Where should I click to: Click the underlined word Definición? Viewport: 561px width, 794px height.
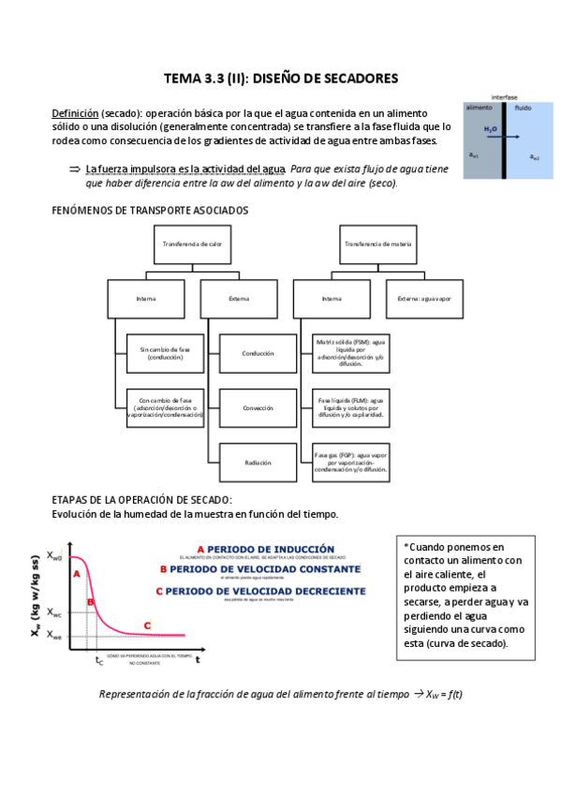74,112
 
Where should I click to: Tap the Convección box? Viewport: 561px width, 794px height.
258,407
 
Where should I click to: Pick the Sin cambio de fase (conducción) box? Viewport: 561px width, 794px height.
165,353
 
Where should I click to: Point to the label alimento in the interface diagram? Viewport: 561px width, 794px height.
480,109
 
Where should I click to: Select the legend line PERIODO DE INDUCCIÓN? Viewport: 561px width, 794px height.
265,549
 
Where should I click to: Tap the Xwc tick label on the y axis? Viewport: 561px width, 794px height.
55,613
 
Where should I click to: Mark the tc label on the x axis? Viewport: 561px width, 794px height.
99,661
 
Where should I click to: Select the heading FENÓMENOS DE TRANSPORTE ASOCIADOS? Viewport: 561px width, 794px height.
150,211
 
